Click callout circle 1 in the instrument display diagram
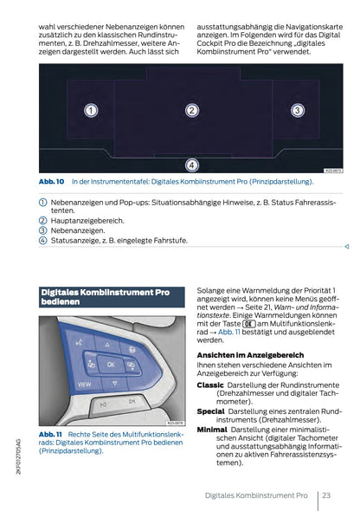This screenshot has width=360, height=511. (x=90, y=110)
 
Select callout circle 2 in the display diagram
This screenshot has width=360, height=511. (x=192, y=110)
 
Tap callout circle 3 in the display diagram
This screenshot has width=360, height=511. (x=296, y=110)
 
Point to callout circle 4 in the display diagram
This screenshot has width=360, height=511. (x=192, y=164)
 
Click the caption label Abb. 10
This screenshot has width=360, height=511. (x=52, y=182)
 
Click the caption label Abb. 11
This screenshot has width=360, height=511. (x=52, y=433)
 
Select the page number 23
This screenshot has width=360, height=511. (x=326, y=495)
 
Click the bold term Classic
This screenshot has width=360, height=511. (x=210, y=385)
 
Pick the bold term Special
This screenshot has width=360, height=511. (x=211, y=411)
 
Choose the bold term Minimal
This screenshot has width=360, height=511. (x=212, y=429)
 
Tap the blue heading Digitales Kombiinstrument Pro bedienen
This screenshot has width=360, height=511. (x=105, y=298)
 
